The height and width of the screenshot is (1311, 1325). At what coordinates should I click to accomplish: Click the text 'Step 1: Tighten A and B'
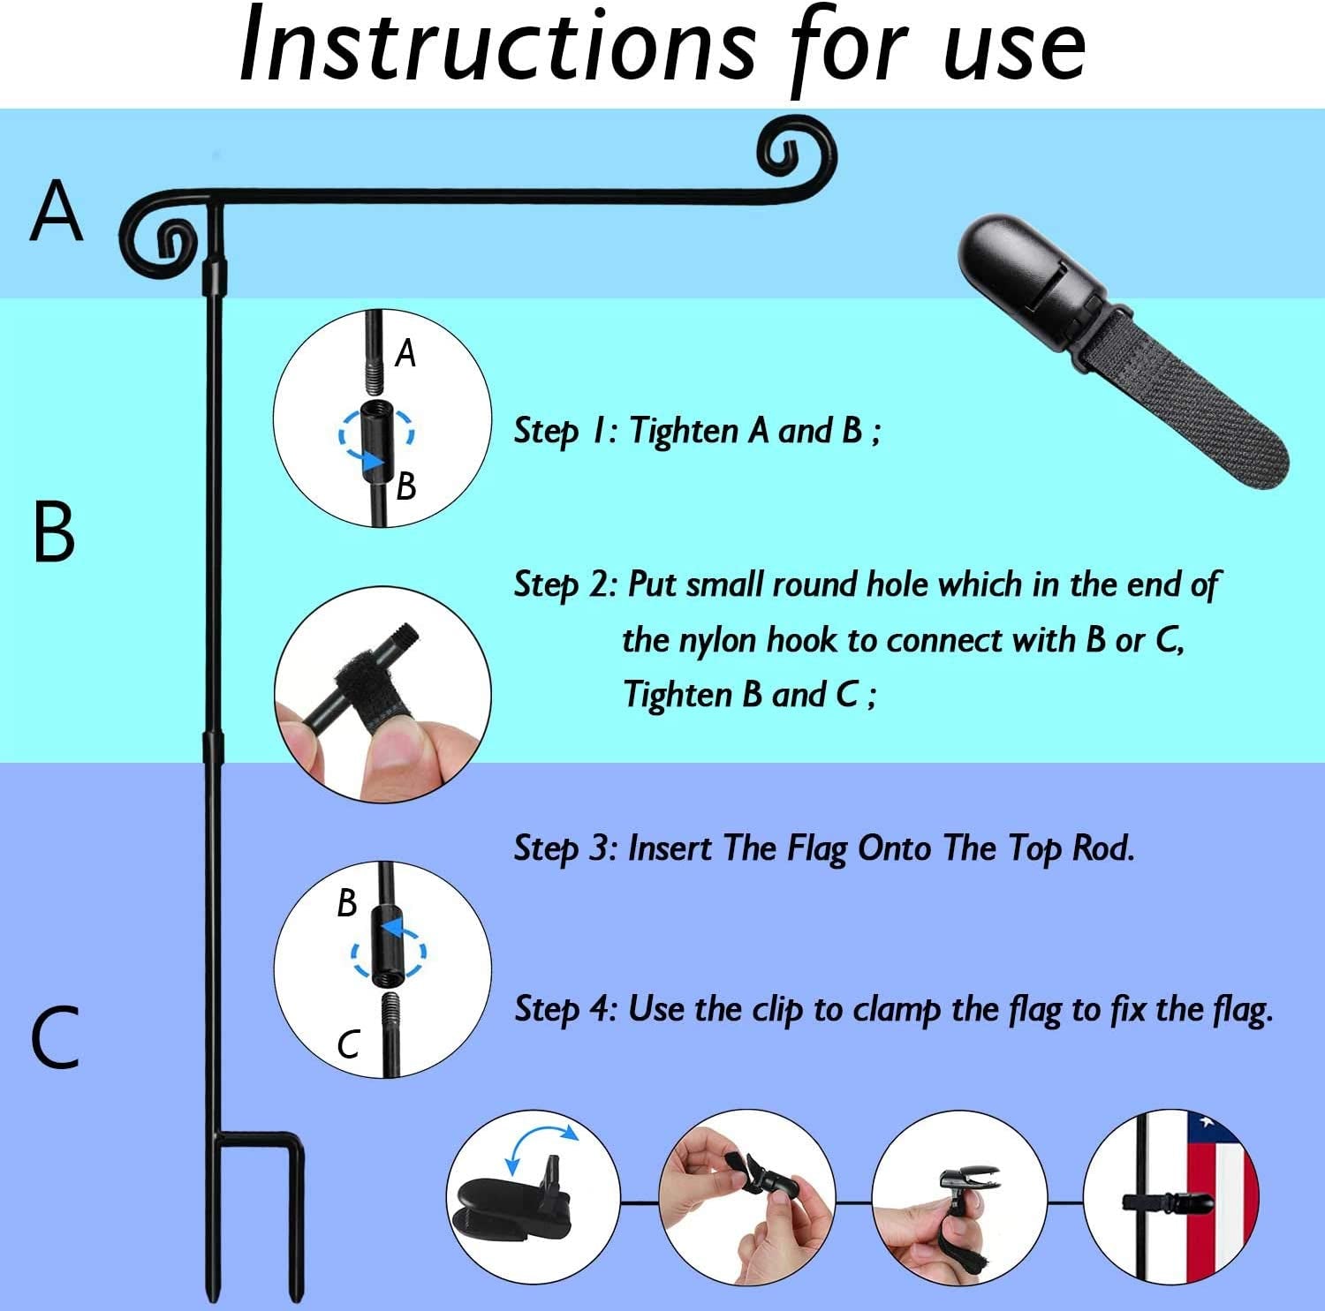click(697, 431)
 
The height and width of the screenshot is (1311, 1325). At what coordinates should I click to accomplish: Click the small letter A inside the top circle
click(405, 353)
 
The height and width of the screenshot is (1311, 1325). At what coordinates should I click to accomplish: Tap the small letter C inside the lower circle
click(348, 1044)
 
